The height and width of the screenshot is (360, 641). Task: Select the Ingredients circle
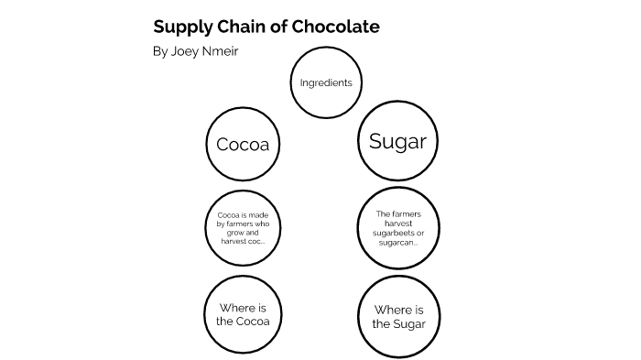[x=326, y=83]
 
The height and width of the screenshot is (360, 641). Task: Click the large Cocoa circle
[x=243, y=145]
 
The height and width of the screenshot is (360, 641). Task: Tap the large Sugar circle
[x=397, y=141]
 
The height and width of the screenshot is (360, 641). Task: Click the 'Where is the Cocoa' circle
[x=243, y=314]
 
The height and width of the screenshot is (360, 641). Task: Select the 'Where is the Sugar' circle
[x=398, y=316]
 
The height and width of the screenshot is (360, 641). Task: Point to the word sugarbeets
[x=397, y=234]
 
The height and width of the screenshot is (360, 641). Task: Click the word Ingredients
[x=326, y=83]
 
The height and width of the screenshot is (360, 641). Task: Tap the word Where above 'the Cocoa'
[x=243, y=307]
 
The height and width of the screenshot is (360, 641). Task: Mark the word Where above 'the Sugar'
[x=399, y=310]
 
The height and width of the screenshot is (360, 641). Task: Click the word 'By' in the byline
[x=160, y=51]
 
